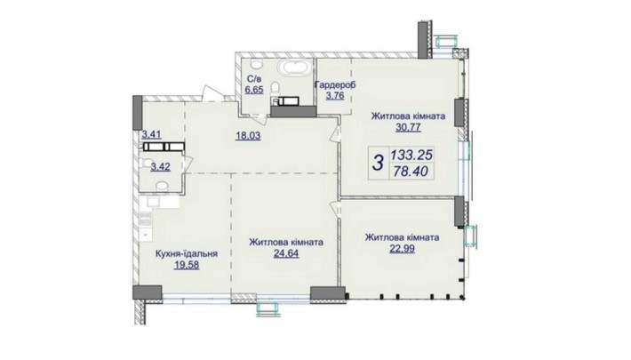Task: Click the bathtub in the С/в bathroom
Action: click(296, 68)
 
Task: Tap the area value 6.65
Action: click(254, 90)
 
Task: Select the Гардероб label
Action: click(335, 85)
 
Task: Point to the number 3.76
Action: click(335, 96)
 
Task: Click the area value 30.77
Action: click(408, 128)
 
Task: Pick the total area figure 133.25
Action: click(411, 155)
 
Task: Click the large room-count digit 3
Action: click(378, 163)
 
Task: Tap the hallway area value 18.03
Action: click(248, 136)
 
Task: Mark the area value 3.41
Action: click(152, 134)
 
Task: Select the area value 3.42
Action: click(160, 166)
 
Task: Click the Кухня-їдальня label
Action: click(187, 254)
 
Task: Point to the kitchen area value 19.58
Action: click(187, 265)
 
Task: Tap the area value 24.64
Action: click(286, 253)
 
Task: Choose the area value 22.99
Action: click(402, 249)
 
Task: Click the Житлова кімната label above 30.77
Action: click(408, 116)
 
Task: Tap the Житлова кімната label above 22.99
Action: click(402, 237)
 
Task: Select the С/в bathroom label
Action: click(252, 79)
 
